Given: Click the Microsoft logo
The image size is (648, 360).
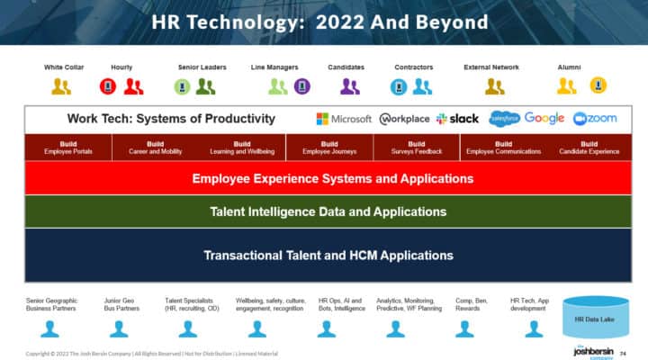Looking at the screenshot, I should (x=343, y=119).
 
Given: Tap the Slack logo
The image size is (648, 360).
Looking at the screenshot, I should (x=457, y=119).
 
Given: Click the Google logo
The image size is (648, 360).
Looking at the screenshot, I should (x=544, y=119).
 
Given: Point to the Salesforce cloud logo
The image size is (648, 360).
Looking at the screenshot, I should (x=504, y=119).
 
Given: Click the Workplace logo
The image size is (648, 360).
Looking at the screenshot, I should (x=405, y=119).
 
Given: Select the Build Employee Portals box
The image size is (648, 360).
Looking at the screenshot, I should (x=67, y=148).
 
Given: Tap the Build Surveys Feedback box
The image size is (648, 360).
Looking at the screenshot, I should (x=416, y=148).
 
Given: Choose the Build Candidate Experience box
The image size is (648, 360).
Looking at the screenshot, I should (x=589, y=148).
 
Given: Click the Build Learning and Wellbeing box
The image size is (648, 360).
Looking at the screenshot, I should (x=242, y=148).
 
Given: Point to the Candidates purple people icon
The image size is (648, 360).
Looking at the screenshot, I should (x=350, y=86).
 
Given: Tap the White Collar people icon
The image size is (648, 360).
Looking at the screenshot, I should (x=61, y=86).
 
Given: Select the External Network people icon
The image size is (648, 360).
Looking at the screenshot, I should (x=495, y=86).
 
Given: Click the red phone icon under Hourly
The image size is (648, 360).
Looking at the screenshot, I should (x=108, y=86).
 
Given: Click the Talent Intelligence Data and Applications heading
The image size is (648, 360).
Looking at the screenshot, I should (x=328, y=212).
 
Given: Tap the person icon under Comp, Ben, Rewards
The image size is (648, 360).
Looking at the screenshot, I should (x=464, y=328).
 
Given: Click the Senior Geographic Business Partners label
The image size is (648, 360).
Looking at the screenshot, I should (x=52, y=304).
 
